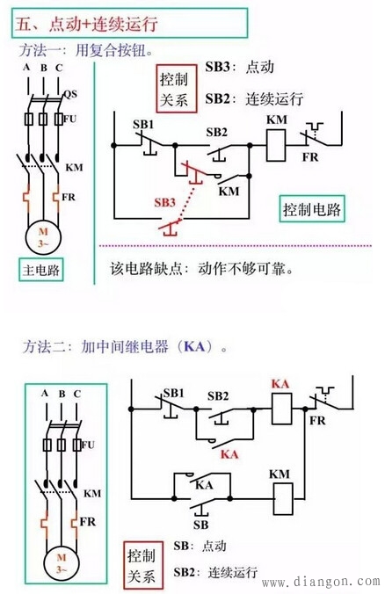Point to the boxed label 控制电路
[312, 211]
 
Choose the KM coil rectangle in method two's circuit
[280, 497]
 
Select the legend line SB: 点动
[202, 545]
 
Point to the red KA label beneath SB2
[230, 454]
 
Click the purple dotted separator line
[237, 245]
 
